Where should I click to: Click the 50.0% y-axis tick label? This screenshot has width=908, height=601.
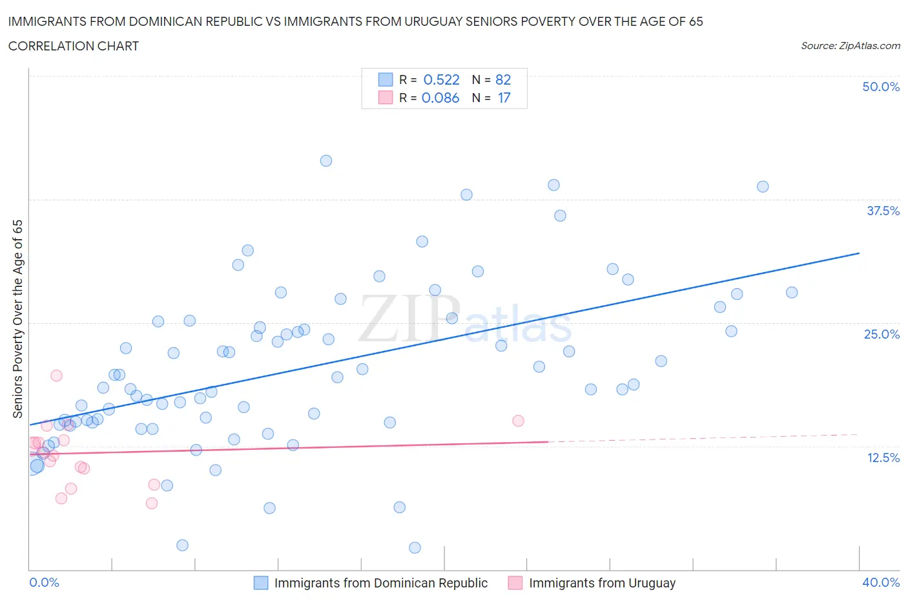pos(881,87)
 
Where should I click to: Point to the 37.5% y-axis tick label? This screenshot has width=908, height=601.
pos(883,211)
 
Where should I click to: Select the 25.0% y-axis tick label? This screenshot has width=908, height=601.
pos(882,334)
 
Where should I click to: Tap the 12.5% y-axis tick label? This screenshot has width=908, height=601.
pos(883,458)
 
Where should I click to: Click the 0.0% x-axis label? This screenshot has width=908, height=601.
pos(45,582)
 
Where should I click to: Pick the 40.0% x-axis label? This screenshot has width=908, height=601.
pos(881,582)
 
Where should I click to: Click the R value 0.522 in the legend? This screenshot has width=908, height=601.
pos(441,79)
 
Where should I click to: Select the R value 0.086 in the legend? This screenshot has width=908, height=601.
pos(440,98)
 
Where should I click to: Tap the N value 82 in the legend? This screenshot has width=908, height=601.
pos(503,79)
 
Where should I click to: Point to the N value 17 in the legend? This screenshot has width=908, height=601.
pos(504,98)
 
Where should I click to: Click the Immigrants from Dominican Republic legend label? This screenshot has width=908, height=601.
pos(380,583)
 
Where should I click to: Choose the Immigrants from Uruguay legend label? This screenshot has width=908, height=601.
pos(602,583)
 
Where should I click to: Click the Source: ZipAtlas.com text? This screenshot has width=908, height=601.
pos(850,45)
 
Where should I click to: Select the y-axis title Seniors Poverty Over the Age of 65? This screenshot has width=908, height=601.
pos(18,319)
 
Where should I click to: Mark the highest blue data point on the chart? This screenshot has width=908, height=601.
pos(326,161)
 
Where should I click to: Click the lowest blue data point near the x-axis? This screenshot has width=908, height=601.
pos(415,547)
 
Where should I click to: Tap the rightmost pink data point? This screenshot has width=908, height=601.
pos(518,421)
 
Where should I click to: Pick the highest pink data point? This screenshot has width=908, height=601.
pos(56,375)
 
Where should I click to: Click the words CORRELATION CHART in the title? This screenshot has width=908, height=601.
pos(74,46)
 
